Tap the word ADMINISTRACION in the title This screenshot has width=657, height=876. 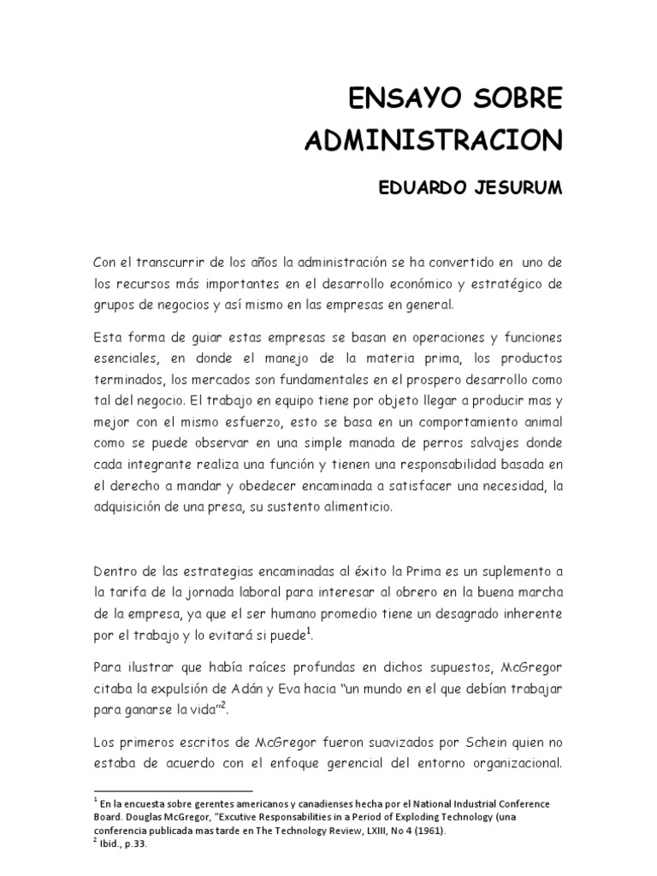pos(434,139)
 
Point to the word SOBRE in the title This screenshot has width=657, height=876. pos(515,99)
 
